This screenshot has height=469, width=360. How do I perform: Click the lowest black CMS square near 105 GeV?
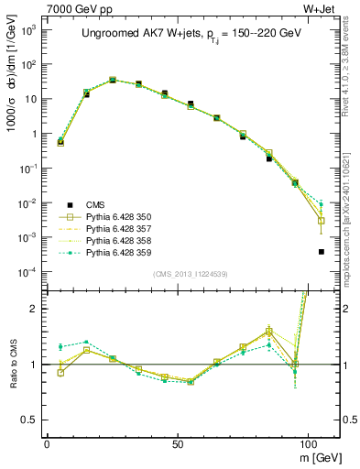click(x=321, y=251)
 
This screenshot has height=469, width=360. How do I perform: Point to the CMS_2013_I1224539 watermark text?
click(x=184, y=274)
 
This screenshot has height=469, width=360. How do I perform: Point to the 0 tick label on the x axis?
click(x=47, y=441)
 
